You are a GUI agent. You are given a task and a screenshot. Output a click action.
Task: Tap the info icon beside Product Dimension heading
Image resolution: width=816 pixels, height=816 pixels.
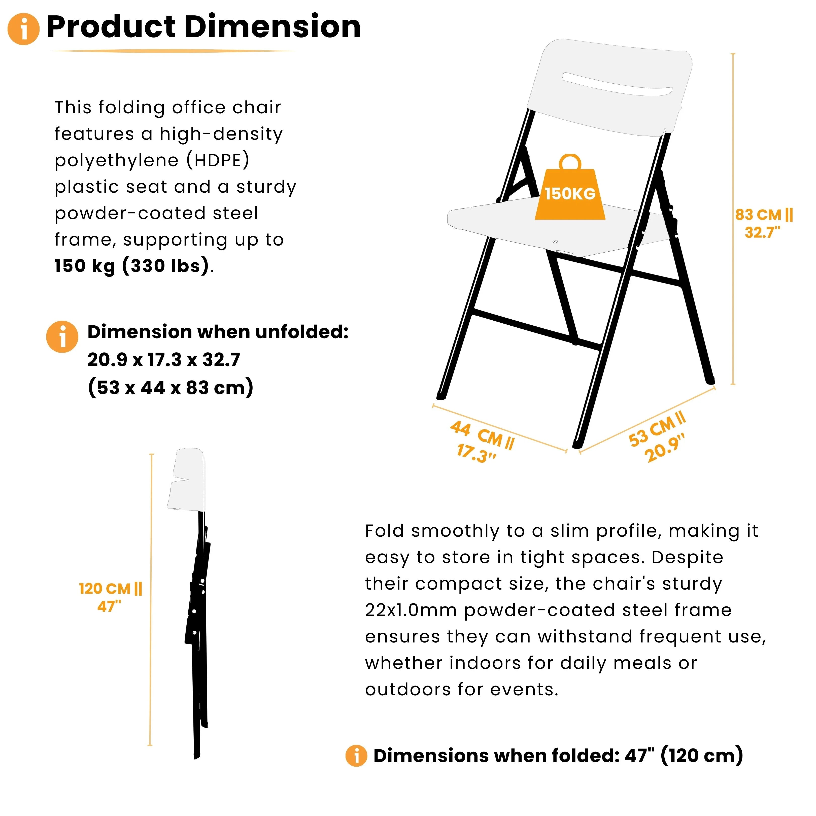[x=24, y=29]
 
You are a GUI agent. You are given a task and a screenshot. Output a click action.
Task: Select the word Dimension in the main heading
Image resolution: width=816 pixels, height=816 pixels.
[x=273, y=27]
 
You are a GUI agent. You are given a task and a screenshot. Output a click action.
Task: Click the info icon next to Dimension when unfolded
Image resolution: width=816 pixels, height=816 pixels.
[x=62, y=337]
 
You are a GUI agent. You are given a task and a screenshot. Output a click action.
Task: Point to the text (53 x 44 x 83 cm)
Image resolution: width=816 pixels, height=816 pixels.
[x=171, y=387]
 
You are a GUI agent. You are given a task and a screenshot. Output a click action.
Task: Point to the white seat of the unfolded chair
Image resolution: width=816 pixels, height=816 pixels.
[x=507, y=224]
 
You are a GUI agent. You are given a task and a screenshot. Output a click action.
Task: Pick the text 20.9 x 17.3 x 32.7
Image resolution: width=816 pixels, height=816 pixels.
[x=164, y=360]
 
